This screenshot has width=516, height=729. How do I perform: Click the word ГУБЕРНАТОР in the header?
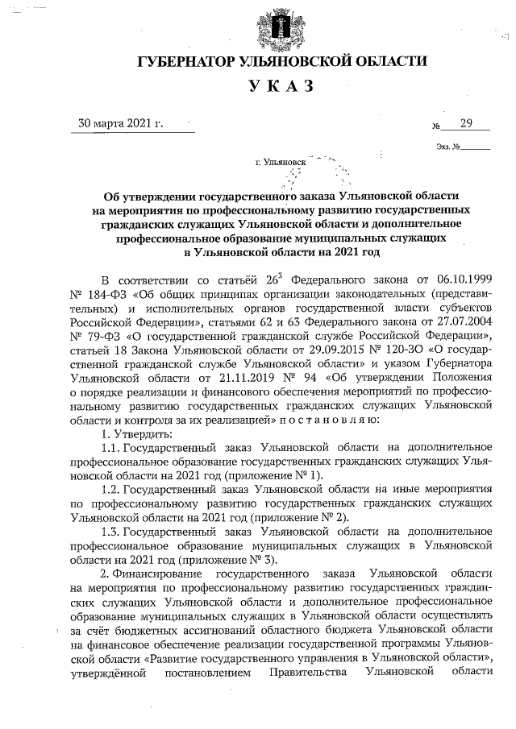[x=186, y=62]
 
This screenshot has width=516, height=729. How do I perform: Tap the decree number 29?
[x=465, y=123]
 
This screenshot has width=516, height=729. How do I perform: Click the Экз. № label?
[x=447, y=147]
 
